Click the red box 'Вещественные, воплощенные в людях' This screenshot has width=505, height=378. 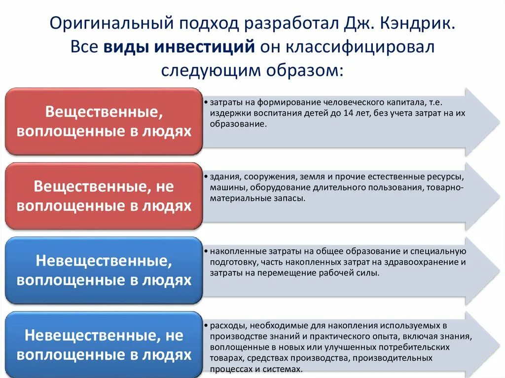tap(104, 121)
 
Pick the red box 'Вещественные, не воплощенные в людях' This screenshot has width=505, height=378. tap(104, 196)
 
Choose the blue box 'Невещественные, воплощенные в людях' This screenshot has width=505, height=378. tap(104, 270)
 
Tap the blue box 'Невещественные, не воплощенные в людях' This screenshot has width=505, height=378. tap(104, 344)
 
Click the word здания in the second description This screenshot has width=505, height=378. tap(222, 176)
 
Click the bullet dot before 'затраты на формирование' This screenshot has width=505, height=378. tap(205, 103)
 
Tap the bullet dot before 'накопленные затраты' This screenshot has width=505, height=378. tap(205, 251)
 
